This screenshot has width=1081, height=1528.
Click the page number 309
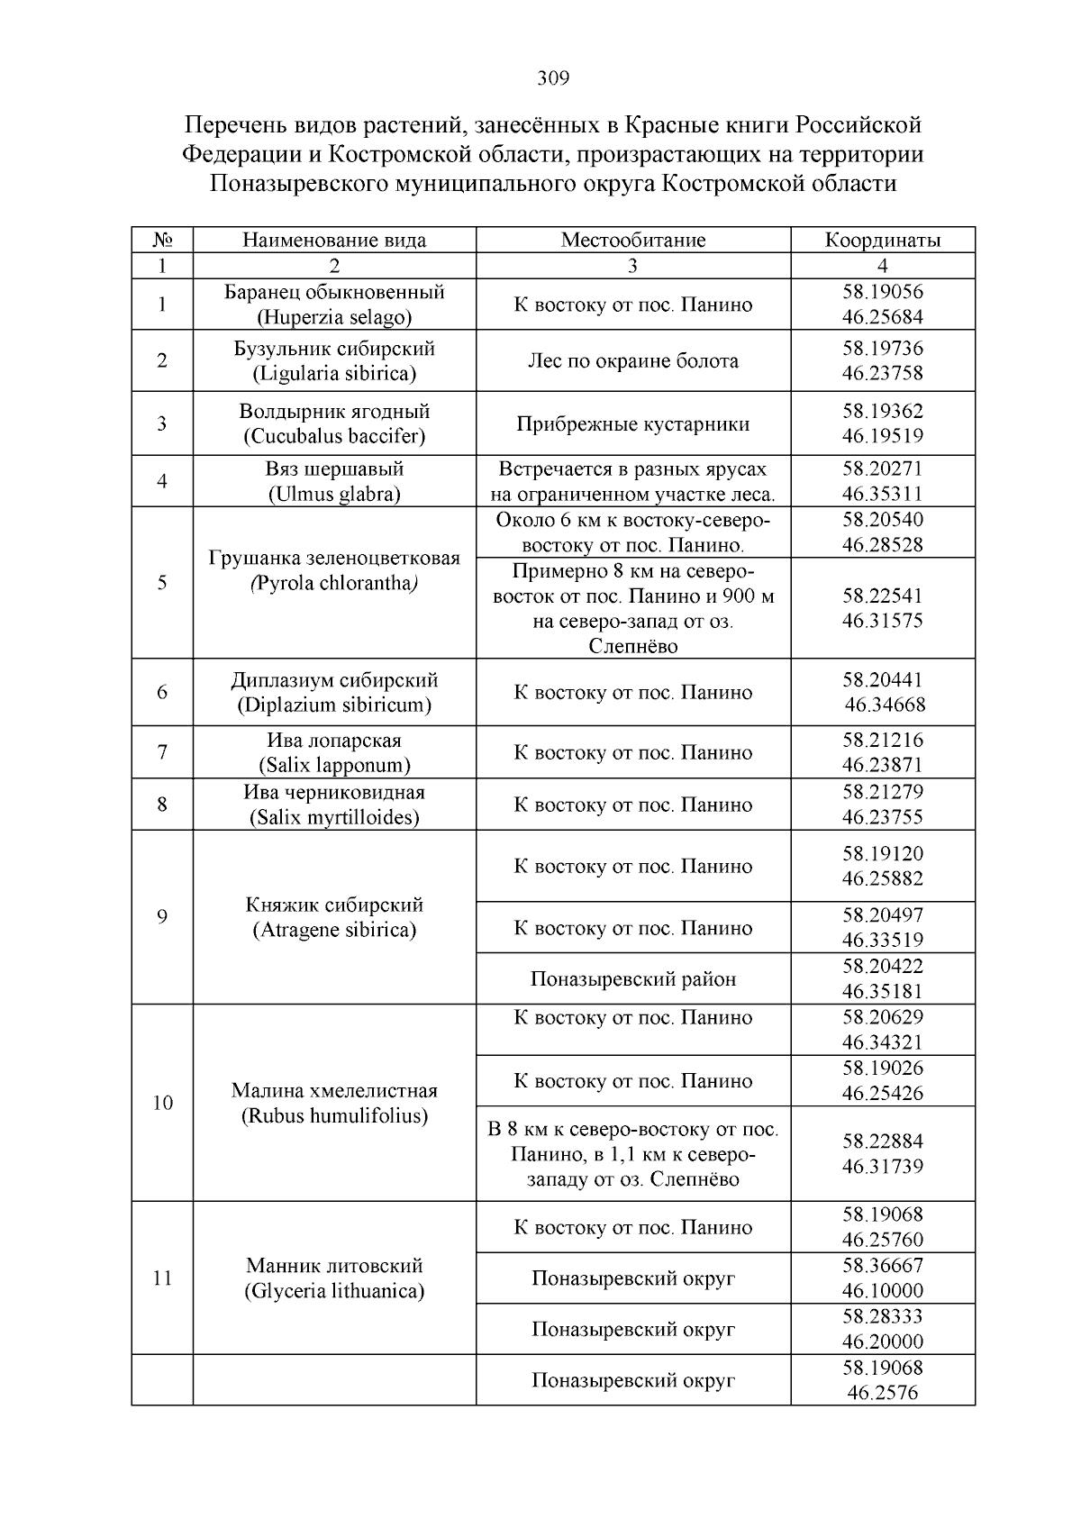pos(553,79)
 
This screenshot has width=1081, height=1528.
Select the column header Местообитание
pos(632,241)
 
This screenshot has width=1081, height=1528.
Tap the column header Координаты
pos(882,241)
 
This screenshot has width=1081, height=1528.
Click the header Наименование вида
pos(334,241)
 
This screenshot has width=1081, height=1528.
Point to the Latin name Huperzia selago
pos(334,318)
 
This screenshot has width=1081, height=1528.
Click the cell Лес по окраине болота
pos(632,361)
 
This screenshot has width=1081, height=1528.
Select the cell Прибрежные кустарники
pos(632,424)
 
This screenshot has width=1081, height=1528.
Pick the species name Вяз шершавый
pos(334,469)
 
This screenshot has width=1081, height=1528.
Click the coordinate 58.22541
pos(882,596)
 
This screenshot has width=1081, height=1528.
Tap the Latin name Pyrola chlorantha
pos(334,584)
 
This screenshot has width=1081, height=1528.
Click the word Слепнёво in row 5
pos(632,646)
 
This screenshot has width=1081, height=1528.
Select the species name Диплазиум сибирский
pos(334,680)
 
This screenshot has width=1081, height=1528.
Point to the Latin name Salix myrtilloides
pos(334,818)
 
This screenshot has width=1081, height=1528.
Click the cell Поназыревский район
pos(632,979)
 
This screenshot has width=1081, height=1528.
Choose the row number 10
pos(162,1104)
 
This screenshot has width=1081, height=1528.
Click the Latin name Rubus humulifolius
pos(334,1116)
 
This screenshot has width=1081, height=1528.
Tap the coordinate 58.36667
pos(882,1266)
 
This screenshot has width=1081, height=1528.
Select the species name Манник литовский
pos(334,1266)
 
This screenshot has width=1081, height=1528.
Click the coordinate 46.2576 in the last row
pos(882,1393)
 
